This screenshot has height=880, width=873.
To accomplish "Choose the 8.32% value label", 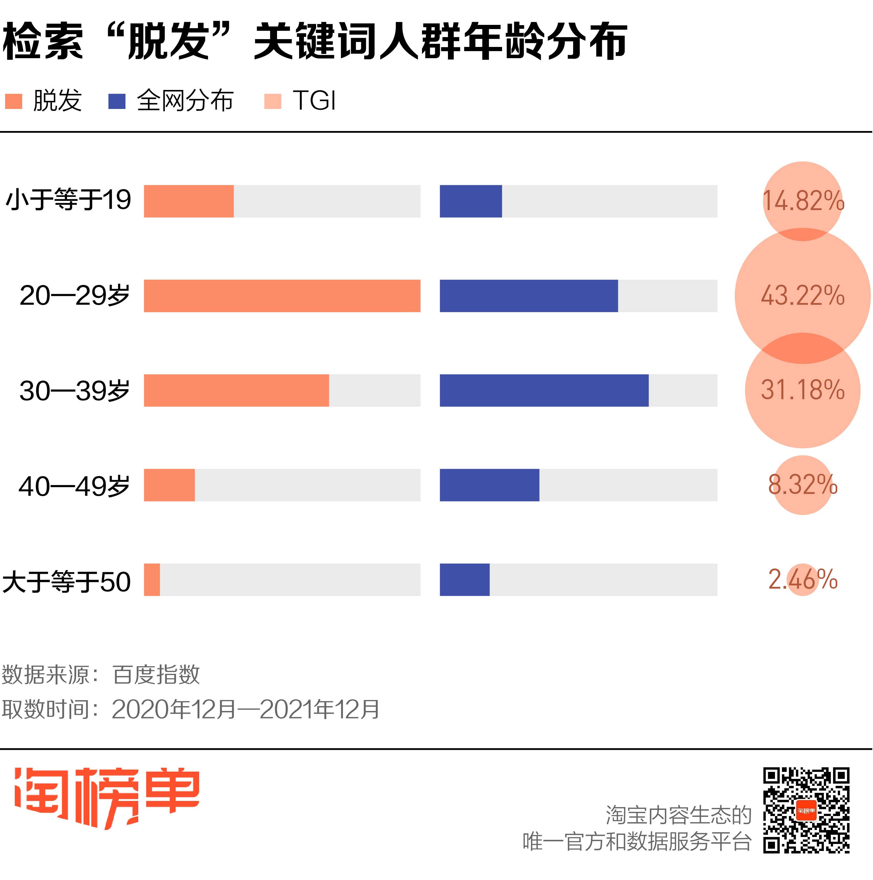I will pos(802,485).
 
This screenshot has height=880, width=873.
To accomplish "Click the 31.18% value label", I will pos(802,390).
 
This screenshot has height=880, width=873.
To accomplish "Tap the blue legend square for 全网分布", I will pos(116,101).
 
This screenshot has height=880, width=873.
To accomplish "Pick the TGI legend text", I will pos(314,100).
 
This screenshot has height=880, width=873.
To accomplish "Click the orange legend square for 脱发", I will pos(14,101).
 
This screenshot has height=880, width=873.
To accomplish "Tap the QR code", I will pos(806,810).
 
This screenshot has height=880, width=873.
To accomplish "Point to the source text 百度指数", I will pos(156,675).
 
